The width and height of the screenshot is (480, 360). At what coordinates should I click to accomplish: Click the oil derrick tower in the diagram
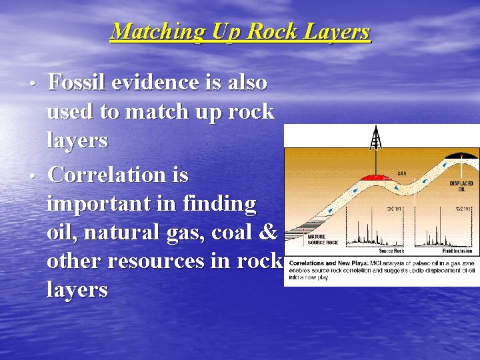pyautogui.click(x=377, y=140)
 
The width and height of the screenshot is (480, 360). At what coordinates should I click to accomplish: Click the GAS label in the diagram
pyautogui.click(x=402, y=173)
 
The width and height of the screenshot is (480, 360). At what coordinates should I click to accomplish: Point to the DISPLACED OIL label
pyautogui.click(x=461, y=186)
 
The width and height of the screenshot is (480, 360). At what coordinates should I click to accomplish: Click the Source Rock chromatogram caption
pyautogui.click(x=392, y=251)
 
